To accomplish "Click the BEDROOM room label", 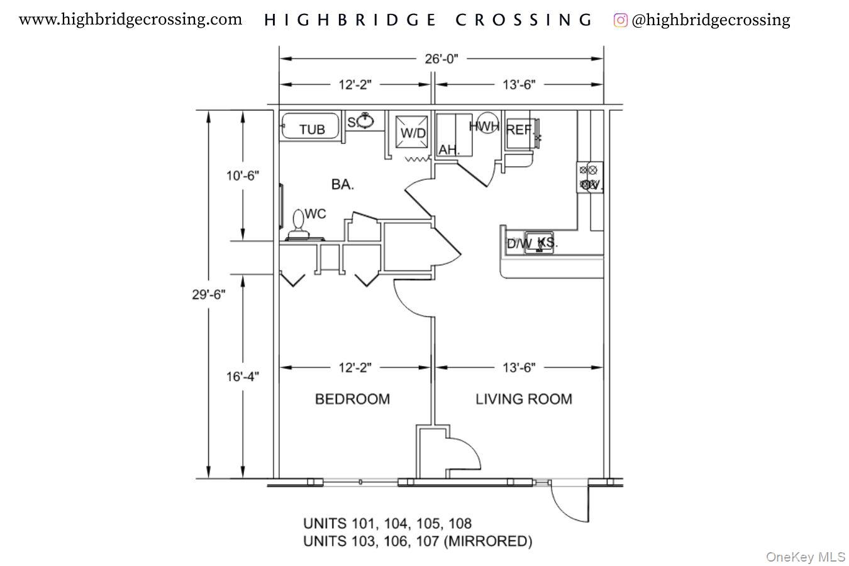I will point(352,399).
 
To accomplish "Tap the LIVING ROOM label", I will point(523,399).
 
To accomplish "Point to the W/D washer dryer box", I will point(413,133).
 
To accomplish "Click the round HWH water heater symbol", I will point(486,123).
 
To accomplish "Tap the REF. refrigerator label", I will point(519,130).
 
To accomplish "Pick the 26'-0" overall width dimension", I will point(441,59).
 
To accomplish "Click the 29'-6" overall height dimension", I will point(209,294).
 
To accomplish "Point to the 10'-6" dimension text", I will point(243,175).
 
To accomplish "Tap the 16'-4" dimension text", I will point(243,377).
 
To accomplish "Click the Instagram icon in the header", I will point(620,20).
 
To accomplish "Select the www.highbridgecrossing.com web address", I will point(130,19).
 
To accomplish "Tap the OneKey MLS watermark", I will point(805,557).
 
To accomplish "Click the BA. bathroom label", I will point(343,184).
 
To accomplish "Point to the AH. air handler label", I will point(449,150).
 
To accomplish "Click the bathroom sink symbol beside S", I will point(365,120).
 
